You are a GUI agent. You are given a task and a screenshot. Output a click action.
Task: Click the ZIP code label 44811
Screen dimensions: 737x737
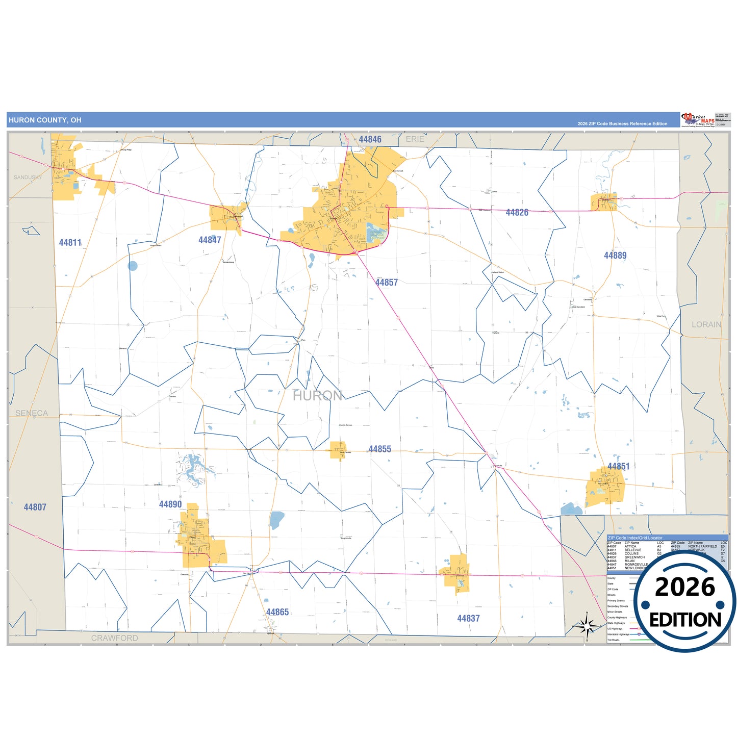point(70,243)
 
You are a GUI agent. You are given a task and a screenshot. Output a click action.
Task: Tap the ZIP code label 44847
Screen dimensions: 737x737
point(210,240)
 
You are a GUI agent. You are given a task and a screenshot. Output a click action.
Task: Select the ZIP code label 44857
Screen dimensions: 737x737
point(387,283)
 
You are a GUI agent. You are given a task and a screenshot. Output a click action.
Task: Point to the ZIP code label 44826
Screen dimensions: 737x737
point(517,213)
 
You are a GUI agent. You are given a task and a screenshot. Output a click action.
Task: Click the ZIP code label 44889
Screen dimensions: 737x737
point(615,256)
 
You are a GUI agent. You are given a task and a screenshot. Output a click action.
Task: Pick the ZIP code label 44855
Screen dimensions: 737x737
point(380,449)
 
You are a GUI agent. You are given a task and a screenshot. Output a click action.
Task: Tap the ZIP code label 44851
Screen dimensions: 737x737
point(618,467)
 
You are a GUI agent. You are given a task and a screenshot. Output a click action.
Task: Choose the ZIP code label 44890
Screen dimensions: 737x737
point(170,504)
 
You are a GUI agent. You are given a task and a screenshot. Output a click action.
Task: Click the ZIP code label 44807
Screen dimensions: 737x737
point(35,507)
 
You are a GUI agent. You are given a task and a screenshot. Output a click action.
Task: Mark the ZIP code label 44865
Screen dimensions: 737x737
point(277,612)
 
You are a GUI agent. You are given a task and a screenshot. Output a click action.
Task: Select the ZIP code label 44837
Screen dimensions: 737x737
point(468,619)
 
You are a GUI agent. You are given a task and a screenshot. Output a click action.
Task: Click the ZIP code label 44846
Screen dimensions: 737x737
point(370,140)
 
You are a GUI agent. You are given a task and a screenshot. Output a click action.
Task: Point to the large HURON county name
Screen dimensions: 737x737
point(317,395)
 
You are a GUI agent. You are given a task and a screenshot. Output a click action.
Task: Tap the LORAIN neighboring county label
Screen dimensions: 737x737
point(706,324)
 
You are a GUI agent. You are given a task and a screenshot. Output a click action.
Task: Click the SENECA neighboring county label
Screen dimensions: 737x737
point(32,413)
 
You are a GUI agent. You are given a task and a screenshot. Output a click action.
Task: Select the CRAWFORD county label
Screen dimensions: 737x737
point(114,638)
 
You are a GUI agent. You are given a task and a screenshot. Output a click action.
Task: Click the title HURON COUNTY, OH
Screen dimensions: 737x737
point(45,120)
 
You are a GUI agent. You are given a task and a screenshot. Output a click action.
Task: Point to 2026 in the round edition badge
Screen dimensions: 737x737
point(685,588)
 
